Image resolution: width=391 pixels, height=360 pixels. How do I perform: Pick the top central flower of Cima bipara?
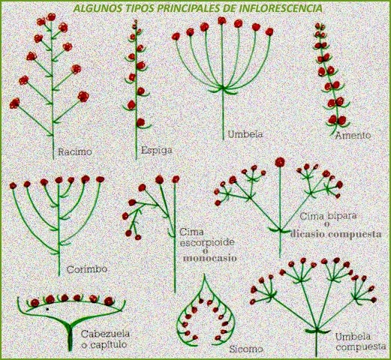[280, 161]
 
